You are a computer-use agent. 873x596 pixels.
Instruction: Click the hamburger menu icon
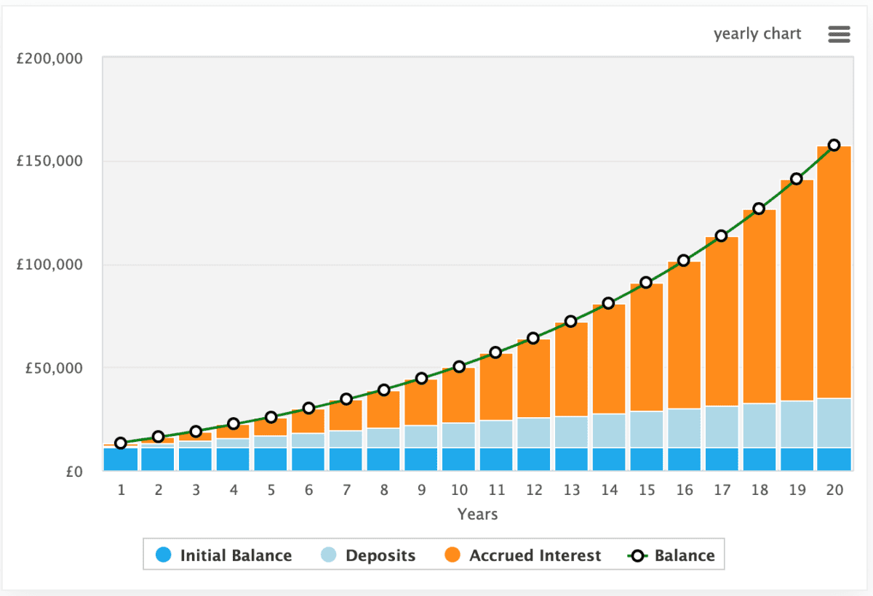pyautogui.click(x=839, y=34)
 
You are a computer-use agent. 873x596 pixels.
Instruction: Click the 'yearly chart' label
pyautogui.click(x=757, y=34)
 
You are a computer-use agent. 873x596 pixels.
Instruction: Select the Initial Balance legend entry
pyautogui.click(x=224, y=556)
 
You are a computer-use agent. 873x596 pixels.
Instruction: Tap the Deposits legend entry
pyautogui.click(x=368, y=556)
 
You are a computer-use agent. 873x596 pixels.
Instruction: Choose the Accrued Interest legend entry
pyautogui.click(x=522, y=556)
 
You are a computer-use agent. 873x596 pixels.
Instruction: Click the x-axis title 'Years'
pyautogui.click(x=477, y=514)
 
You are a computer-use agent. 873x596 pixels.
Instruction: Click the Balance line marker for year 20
pyautogui.click(x=834, y=145)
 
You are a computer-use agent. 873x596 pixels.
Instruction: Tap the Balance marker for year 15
pyautogui.click(x=646, y=282)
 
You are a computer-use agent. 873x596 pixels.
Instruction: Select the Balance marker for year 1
pyautogui.click(x=121, y=443)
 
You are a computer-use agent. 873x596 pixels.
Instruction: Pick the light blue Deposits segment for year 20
pyautogui.click(x=834, y=422)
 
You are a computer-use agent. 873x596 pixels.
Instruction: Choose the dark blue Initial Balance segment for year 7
pyautogui.click(x=346, y=459)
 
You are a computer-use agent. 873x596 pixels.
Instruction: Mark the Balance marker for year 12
pyautogui.click(x=533, y=338)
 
